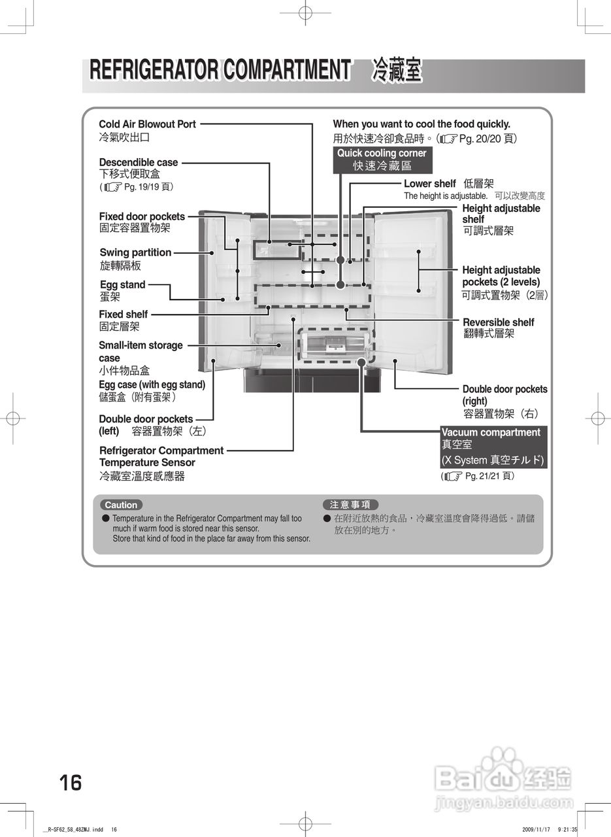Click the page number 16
(x=71, y=782)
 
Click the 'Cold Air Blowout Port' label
(x=147, y=124)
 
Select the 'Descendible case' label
(x=138, y=162)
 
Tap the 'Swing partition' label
(x=135, y=252)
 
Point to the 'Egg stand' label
(x=122, y=284)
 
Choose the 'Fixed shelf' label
(x=123, y=315)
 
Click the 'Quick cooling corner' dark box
(x=382, y=160)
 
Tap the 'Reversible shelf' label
(x=498, y=322)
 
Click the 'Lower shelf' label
(x=429, y=184)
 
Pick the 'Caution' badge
(x=121, y=505)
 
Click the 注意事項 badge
(x=350, y=505)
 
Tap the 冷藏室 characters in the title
(x=397, y=70)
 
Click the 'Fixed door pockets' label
(x=142, y=216)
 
